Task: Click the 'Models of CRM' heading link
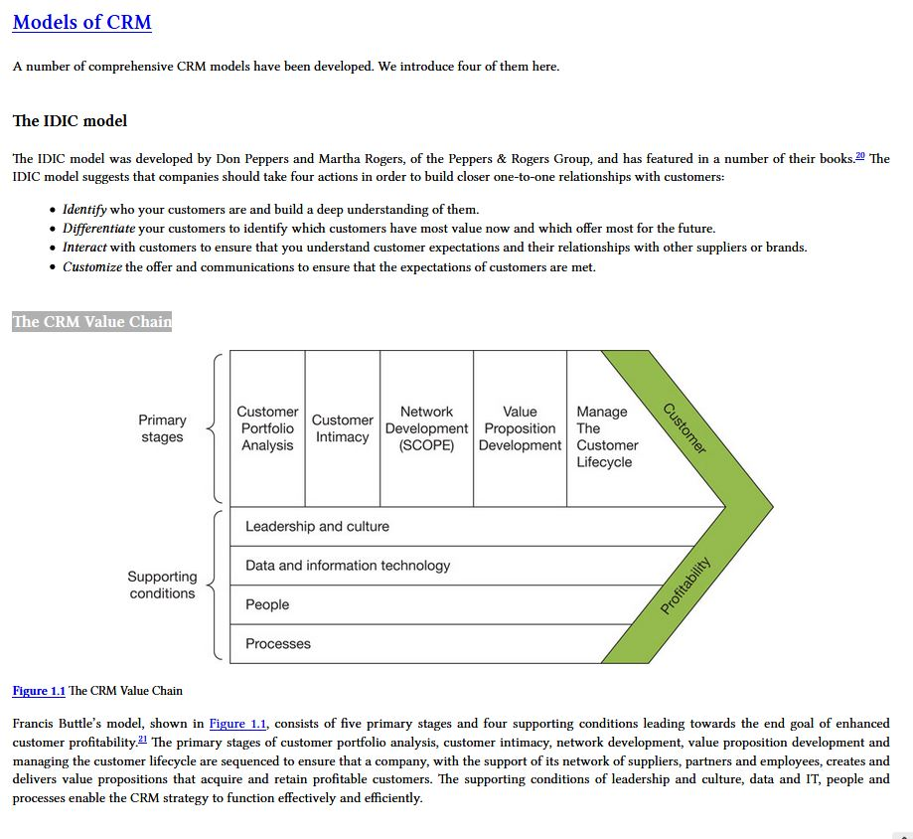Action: (x=81, y=22)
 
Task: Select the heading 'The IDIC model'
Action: (x=70, y=121)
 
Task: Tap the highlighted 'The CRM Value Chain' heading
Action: (x=91, y=321)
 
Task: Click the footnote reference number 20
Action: (x=860, y=156)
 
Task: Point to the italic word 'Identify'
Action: (x=84, y=210)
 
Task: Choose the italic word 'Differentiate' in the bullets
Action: (x=98, y=229)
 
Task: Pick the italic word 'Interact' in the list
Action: (x=84, y=248)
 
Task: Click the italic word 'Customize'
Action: (x=92, y=267)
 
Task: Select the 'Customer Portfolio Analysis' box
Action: (x=267, y=428)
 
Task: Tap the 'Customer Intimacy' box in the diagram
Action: (x=342, y=428)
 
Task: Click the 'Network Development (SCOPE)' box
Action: (x=426, y=428)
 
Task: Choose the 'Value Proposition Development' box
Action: (x=520, y=428)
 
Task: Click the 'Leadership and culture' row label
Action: (x=317, y=527)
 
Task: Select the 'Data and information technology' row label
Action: (x=348, y=566)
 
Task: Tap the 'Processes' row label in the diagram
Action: (x=278, y=644)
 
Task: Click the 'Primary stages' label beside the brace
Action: (x=162, y=428)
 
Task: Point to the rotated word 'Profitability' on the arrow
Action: (x=686, y=587)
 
